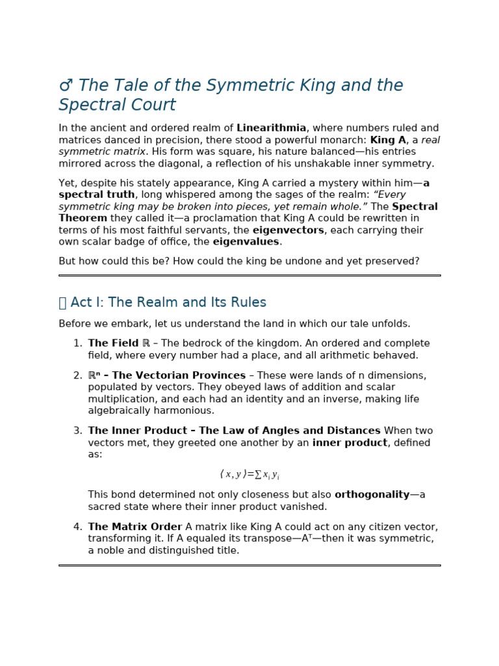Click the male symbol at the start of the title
66,86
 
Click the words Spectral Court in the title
117,105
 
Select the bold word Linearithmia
271,129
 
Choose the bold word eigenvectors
288,230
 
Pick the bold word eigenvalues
246,242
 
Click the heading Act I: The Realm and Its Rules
168,302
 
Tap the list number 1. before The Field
77,343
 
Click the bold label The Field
113,343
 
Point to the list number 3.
77,431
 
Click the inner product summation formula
249,475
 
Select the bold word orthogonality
372,495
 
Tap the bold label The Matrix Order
135,527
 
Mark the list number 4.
77,527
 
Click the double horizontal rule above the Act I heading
249,275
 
